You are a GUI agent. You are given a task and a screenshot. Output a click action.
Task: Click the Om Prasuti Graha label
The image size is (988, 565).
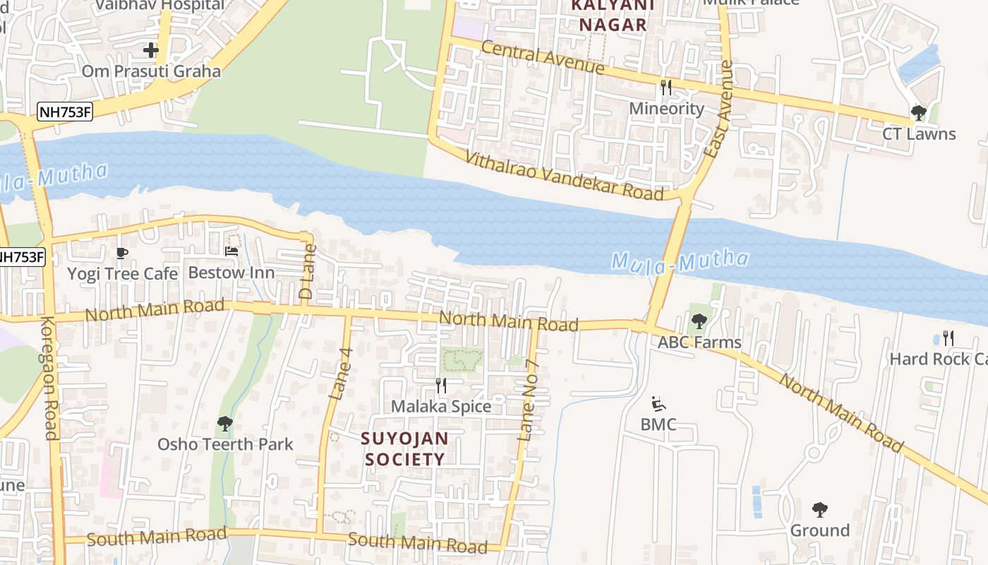pos(151,71)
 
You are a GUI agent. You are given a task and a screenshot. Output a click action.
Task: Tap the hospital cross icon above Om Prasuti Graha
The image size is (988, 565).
pos(150,50)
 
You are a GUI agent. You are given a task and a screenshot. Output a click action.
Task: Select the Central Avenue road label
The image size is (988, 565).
pos(543,58)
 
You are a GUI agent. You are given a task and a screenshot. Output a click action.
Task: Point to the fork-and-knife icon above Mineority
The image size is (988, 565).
pos(665,88)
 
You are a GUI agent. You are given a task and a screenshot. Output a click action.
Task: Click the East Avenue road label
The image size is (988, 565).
pos(719,109)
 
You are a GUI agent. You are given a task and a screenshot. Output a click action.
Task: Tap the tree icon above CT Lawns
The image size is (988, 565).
pos(918,113)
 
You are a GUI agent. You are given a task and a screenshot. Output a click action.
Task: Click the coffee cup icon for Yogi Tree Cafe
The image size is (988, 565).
pos(122,253)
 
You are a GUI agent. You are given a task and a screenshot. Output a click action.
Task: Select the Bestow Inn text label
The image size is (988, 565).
pos(231,273)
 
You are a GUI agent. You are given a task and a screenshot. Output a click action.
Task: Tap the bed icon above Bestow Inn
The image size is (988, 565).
pos(231,251)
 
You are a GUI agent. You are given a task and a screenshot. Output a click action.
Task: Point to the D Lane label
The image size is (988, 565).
pos(307,272)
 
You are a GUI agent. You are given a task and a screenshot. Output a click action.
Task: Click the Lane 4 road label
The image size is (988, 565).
pos(341,374)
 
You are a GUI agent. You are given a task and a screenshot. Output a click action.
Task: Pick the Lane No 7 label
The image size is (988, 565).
pos(529,402)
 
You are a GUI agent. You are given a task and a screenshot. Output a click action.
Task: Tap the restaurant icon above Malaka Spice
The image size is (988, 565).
pos(441,385)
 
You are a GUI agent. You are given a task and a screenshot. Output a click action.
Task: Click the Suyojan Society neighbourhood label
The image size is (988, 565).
pos(404,448)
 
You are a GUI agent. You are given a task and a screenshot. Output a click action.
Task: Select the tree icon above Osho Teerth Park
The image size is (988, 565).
pos(224,424)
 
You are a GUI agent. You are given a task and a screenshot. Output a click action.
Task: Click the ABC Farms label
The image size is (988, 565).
pos(699,343)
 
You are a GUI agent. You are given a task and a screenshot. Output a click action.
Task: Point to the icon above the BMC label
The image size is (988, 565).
pos(658,403)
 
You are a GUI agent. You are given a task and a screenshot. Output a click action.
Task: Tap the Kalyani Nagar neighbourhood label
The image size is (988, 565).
pos(609,16)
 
